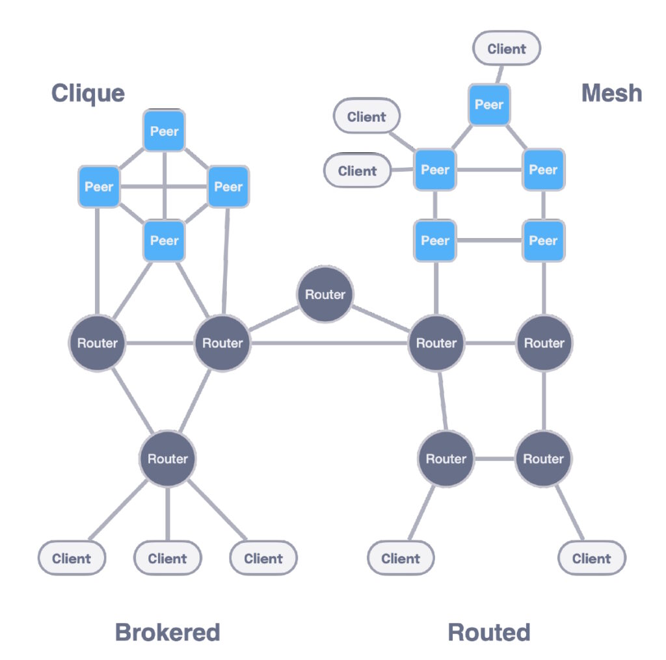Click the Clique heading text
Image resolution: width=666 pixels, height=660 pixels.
pos(88,93)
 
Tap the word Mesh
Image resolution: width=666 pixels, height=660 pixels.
pos(611,93)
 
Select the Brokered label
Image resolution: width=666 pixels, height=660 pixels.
pos(167,632)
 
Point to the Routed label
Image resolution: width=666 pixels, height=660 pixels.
pos(489,632)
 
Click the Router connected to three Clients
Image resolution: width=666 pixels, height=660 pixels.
pos(168,458)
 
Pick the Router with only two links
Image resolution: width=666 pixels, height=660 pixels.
pos(325,294)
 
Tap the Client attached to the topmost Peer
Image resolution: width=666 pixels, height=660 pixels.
pos(507,49)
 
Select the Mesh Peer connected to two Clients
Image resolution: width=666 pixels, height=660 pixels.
pos(434,170)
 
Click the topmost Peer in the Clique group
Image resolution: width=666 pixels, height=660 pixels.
pos(164,131)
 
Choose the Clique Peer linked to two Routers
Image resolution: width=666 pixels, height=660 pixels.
pos(164,241)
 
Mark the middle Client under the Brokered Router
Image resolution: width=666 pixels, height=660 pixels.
pos(168,558)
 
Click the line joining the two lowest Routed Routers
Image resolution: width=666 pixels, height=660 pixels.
pos(495,458)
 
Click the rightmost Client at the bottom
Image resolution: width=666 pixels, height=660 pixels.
pos(591,558)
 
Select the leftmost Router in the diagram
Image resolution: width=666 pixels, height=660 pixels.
pos(97,343)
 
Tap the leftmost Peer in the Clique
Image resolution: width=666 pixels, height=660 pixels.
pos(99,187)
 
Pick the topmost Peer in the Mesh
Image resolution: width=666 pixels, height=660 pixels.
pos(489,105)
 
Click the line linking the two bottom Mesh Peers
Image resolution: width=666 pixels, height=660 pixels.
pos(489,241)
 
